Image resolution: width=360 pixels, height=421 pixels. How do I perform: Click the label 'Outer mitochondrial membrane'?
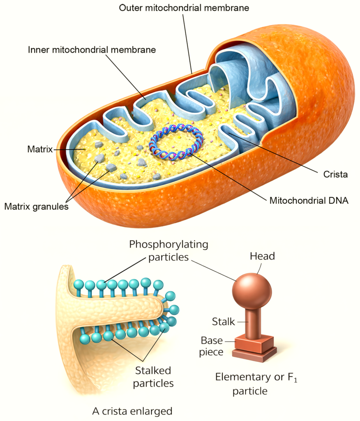click(185, 8)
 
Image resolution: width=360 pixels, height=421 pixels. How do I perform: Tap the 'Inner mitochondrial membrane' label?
click(92, 50)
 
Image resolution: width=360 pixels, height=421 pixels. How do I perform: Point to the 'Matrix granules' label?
click(36, 206)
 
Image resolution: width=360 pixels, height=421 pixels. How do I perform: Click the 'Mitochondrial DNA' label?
click(309, 201)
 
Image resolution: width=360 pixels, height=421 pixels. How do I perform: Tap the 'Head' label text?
click(262, 257)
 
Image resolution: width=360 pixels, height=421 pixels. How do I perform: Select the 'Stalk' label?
click(224, 322)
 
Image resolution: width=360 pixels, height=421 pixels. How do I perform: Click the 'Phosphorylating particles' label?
click(168, 251)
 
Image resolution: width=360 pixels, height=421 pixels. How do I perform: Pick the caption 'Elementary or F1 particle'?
click(256, 383)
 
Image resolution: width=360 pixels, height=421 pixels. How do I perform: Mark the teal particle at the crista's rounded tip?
click(175, 309)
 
